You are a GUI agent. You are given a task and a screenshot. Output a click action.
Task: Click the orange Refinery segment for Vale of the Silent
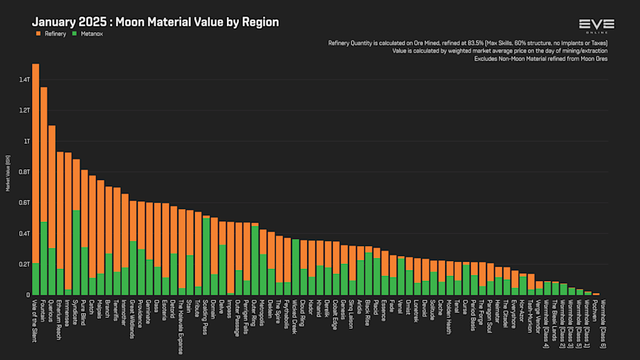(x=36, y=164)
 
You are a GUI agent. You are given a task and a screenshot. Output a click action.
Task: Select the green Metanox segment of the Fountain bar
(x=44, y=258)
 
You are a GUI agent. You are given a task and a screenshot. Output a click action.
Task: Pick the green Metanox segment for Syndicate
(x=76, y=253)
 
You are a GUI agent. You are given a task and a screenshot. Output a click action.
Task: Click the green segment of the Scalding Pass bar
(x=206, y=256)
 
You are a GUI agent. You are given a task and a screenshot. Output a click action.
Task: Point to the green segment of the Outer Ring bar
(x=255, y=260)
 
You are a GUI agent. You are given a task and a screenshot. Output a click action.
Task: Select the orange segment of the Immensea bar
(x=68, y=221)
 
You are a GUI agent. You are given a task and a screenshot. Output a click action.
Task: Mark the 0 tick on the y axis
(x=27, y=295)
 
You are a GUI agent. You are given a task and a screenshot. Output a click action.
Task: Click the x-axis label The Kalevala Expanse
(x=182, y=327)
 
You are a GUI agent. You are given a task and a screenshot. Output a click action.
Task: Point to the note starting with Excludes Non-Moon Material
(x=540, y=58)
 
